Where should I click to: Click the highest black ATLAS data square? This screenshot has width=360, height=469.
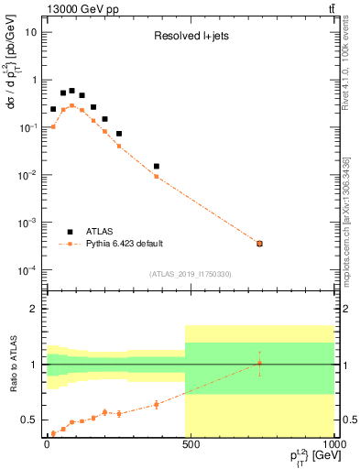[x=72, y=91]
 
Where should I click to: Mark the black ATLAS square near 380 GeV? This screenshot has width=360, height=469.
[x=157, y=167]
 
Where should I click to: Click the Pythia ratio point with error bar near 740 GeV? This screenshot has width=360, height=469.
[x=259, y=364]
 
